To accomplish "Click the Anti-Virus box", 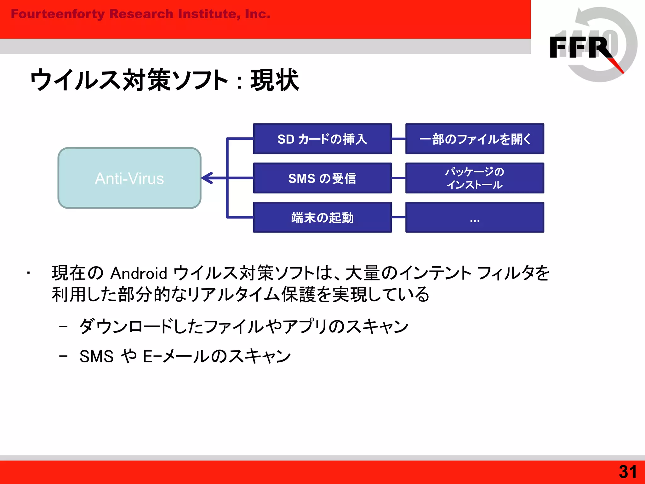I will tap(129, 178).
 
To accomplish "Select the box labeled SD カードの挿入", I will tap(322, 139).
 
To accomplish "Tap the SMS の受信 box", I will tap(322, 178).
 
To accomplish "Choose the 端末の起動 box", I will tap(322, 217).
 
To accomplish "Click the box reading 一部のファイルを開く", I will tap(475, 139).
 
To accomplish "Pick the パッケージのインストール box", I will tap(475, 178).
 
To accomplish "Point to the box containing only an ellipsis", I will tap(475, 217).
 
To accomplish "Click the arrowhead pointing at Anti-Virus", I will tap(207, 178).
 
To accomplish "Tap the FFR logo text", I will tap(579, 47).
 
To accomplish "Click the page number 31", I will tap(627, 472).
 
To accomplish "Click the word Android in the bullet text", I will tap(139, 273).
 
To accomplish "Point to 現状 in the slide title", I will tap(274, 80).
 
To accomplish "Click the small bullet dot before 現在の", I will tap(28, 273).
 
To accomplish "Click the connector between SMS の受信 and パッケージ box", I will tap(398, 178).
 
